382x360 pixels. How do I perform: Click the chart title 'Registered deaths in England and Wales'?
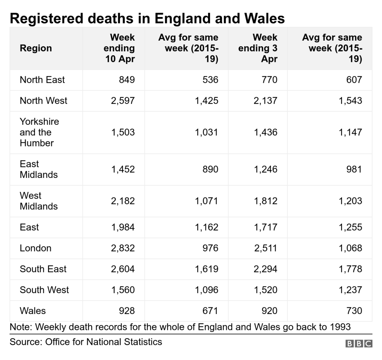click(x=147, y=18)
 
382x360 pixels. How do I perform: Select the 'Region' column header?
click(x=36, y=48)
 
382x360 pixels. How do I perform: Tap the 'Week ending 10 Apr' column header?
click(x=119, y=48)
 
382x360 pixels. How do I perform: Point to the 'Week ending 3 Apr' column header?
click(x=258, y=48)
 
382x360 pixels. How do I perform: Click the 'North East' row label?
click(x=42, y=80)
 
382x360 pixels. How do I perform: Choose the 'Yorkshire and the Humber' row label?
click(x=39, y=132)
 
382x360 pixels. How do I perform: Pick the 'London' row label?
click(x=36, y=248)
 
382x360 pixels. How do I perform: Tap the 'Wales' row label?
click(x=33, y=311)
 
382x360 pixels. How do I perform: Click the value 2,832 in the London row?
click(x=123, y=248)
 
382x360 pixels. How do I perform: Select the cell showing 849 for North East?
click(x=127, y=80)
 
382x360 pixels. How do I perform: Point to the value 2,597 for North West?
click(x=123, y=101)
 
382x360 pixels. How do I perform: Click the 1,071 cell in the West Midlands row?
click(x=207, y=201)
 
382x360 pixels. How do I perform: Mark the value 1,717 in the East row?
click(x=266, y=227)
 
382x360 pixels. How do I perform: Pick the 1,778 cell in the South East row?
click(x=350, y=269)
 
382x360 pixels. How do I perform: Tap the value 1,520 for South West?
click(x=266, y=290)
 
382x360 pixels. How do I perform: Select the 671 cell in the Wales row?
click(x=210, y=311)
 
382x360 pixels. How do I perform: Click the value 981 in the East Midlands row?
click(x=354, y=169)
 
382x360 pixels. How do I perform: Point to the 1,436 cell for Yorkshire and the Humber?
click(x=266, y=132)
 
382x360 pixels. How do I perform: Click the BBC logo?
click(x=359, y=343)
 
